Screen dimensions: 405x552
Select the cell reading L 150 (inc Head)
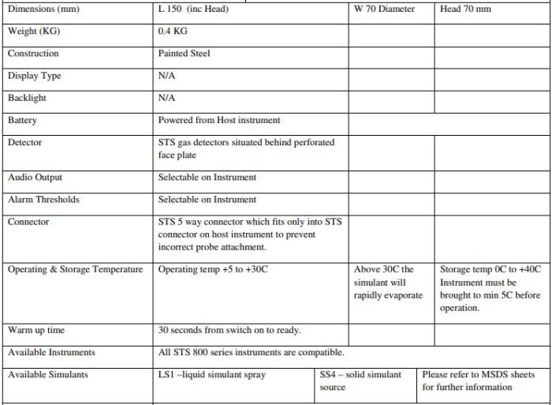(193, 9)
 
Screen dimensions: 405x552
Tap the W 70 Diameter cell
(384, 9)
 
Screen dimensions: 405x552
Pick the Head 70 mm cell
(465, 9)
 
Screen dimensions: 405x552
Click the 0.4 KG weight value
(173, 32)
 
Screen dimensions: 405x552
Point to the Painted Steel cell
(184, 54)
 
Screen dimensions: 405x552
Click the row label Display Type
(34, 76)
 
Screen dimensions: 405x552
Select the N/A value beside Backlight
(166, 98)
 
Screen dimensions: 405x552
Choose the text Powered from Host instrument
(219, 120)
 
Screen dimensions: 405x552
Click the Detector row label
(24, 142)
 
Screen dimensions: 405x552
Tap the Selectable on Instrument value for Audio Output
(207, 178)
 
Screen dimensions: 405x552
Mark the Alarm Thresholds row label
(43, 200)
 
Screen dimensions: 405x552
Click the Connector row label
(28, 222)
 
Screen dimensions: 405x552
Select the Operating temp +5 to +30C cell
(213, 269)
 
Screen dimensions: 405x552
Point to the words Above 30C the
(384, 269)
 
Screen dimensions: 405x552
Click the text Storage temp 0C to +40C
(490, 269)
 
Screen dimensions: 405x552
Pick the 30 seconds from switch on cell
(229, 330)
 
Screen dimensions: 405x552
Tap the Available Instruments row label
(51, 352)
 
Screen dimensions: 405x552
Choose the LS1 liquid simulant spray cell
(212, 374)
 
